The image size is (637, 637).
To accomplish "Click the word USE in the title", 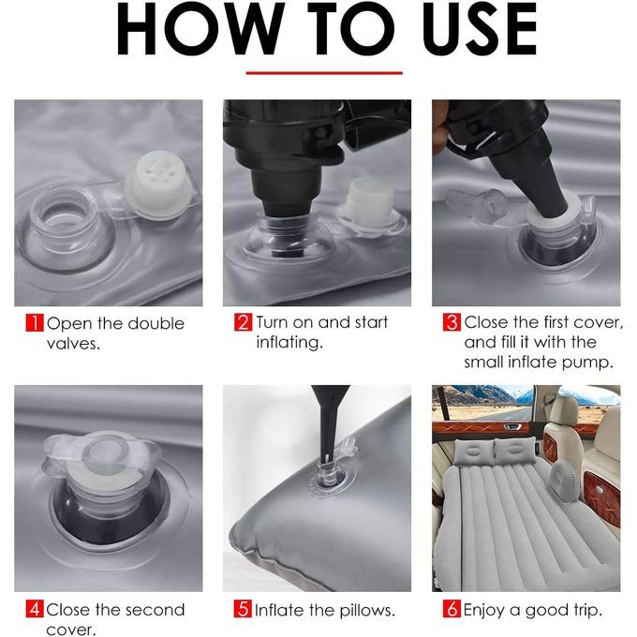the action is click(x=480, y=29).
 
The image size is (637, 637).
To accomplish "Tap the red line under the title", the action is click(x=324, y=73).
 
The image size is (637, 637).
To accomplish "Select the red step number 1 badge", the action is click(x=35, y=323).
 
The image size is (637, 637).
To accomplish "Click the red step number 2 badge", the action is click(x=243, y=322).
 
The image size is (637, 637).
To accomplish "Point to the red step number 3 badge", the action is click(x=452, y=322).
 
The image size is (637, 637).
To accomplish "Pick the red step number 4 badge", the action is click(x=35, y=609).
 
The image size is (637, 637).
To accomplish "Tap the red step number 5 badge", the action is click(x=243, y=609).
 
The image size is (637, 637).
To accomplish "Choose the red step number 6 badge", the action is click(x=452, y=609).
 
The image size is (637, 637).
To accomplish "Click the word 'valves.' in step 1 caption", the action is click(x=73, y=345).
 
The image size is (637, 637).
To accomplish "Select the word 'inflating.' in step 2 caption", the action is click(x=289, y=343).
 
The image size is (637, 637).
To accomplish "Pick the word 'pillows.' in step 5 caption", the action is click(x=367, y=610).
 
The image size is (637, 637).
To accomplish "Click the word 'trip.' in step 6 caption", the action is click(x=588, y=610).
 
